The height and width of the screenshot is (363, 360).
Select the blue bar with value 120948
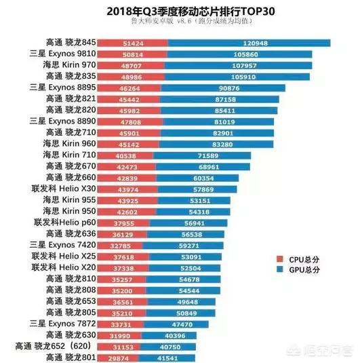(248, 43)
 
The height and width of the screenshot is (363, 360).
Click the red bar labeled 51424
(132, 43)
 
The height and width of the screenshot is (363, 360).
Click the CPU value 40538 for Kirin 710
(125, 155)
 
